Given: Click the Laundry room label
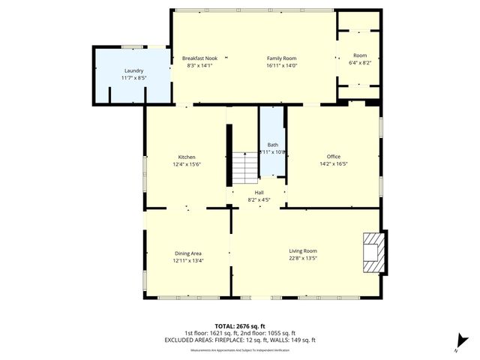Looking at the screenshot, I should pyautogui.click(x=133, y=70).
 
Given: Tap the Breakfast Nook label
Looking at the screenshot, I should pyautogui.click(x=200, y=58).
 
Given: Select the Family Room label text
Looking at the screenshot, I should pyautogui.click(x=282, y=58).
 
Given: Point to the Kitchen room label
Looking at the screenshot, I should pyautogui.click(x=187, y=157).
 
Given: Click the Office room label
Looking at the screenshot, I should pyautogui.click(x=333, y=157).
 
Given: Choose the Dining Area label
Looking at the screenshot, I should pyautogui.click(x=187, y=253).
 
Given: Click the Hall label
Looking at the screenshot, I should pyautogui.click(x=259, y=193).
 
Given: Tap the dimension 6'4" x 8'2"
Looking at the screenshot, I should pyautogui.click(x=361, y=62).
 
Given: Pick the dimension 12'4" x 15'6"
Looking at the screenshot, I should pyautogui.click(x=187, y=164).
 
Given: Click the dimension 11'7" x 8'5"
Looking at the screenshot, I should pyautogui.click(x=133, y=77).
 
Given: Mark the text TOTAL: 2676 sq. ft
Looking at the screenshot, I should pyautogui.click(x=240, y=326).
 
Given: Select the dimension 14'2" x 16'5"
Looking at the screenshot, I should pyautogui.click(x=333, y=164).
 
